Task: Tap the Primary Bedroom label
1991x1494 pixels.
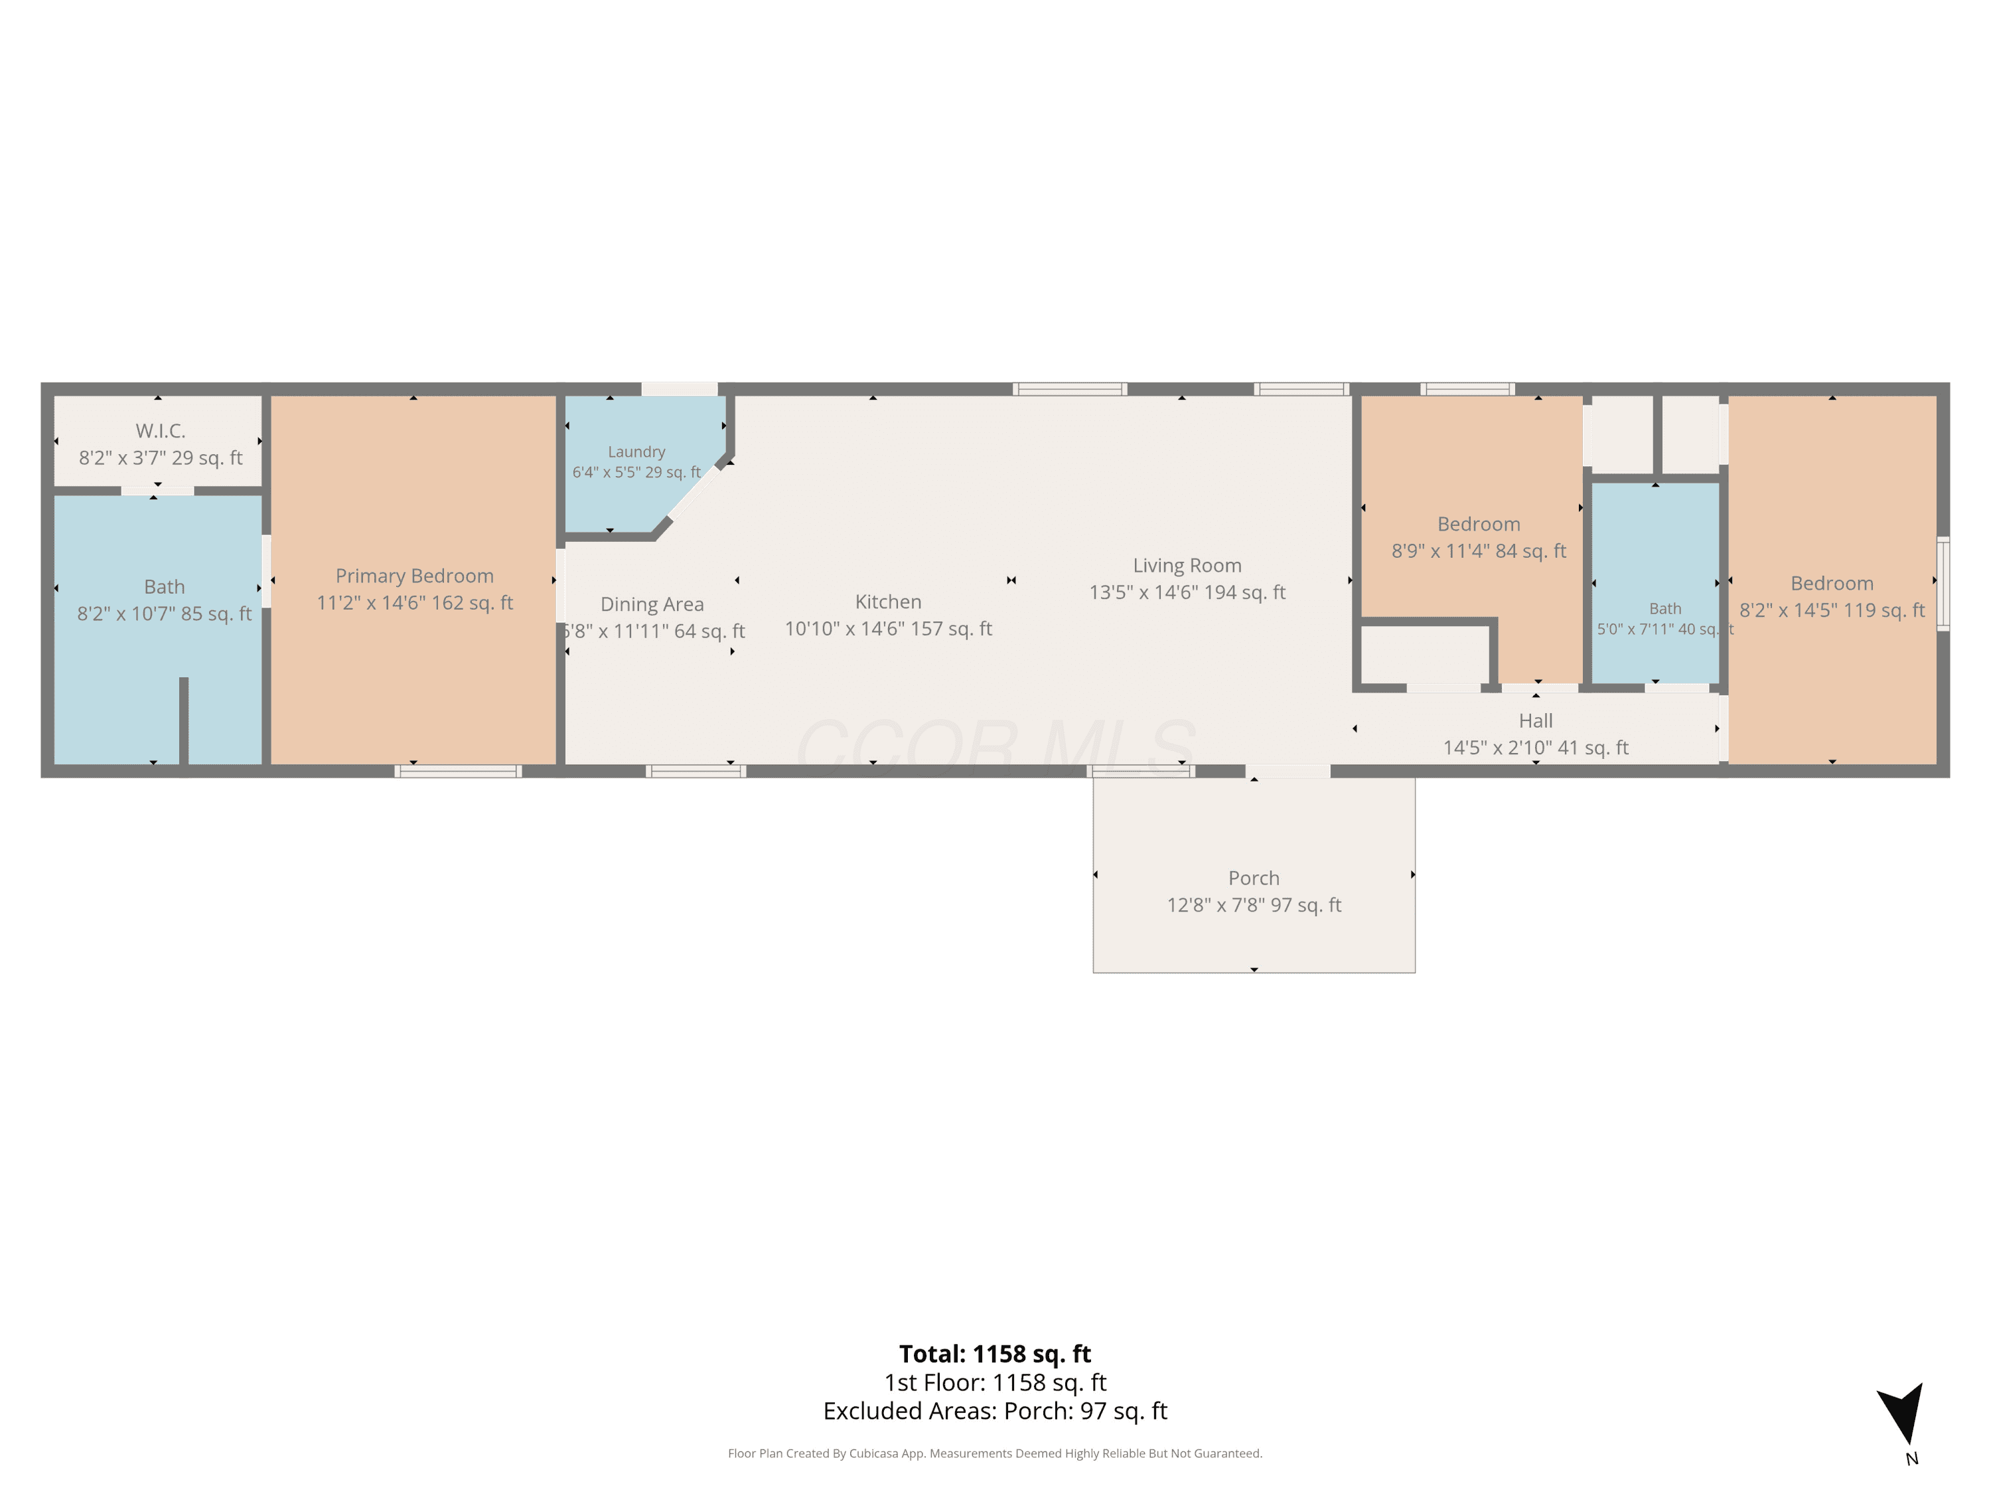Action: (414, 576)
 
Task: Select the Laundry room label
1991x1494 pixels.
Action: (636, 452)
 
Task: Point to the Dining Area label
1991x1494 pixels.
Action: (652, 604)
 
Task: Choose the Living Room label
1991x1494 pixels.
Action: (1187, 566)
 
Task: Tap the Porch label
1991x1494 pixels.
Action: (1253, 878)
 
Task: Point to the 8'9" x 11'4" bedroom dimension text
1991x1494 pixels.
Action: (1478, 551)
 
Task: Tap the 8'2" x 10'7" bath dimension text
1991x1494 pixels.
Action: (164, 614)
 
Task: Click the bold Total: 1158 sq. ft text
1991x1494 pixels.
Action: (995, 1353)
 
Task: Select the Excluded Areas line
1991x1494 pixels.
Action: (995, 1410)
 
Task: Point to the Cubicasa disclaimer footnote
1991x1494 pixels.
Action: (995, 1453)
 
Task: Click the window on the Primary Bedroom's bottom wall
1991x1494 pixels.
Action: (458, 771)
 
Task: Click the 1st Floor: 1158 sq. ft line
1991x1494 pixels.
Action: (995, 1382)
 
